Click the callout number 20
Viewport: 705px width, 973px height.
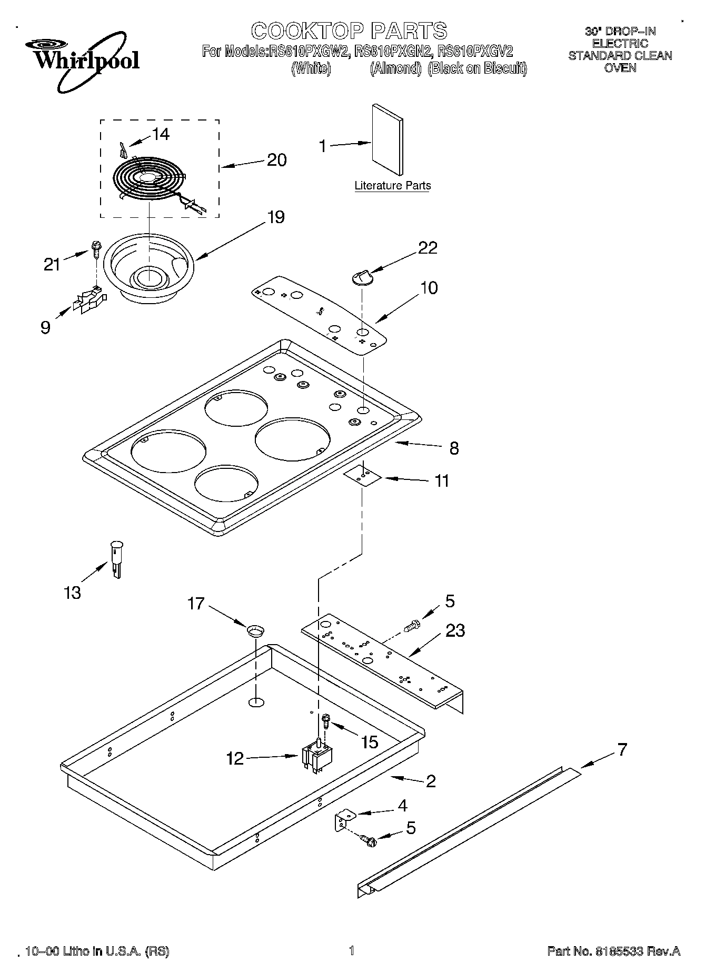point(276,159)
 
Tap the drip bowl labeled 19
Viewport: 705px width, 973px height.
point(148,268)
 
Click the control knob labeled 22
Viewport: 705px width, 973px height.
point(362,276)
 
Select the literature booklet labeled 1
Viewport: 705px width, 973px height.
point(388,139)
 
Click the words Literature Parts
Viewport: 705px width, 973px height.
point(392,185)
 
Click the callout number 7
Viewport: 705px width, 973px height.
point(622,749)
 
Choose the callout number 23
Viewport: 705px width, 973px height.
point(455,630)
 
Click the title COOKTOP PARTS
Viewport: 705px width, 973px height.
point(349,31)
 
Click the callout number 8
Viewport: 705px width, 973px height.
point(454,448)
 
